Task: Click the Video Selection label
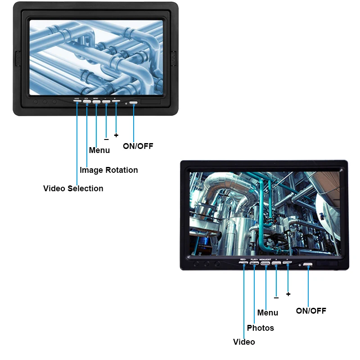point(73,189)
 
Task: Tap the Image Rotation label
point(108,170)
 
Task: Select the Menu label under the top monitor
point(99,150)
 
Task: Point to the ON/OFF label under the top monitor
point(138,146)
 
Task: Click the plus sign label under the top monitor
point(116,135)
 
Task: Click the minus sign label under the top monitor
point(106,139)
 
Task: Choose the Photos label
point(260,328)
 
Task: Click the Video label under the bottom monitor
point(244,342)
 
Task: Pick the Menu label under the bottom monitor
point(268,313)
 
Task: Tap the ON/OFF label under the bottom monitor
point(311,310)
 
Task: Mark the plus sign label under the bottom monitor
point(288,294)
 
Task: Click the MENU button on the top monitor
point(96,102)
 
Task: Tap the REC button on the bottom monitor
point(243,263)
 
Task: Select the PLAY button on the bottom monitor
point(254,263)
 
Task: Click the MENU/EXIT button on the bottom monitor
point(265,263)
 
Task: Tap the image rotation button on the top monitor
point(86,102)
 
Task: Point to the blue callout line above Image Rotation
point(87,135)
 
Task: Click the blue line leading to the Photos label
point(254,292)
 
